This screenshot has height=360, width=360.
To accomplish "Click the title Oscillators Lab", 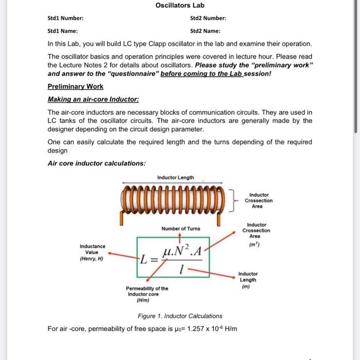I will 179,5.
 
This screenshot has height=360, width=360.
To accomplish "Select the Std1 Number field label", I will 65,19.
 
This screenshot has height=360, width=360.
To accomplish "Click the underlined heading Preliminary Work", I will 75,86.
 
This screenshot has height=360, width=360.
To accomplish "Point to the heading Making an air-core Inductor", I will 93,99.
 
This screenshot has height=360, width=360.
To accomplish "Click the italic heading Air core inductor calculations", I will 96,164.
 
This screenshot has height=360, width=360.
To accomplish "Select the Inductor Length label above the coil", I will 175,177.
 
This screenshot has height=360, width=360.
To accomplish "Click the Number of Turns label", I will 181,228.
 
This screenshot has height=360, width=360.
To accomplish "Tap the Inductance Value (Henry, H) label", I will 92,253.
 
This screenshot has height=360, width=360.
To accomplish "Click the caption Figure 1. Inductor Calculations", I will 179,316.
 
